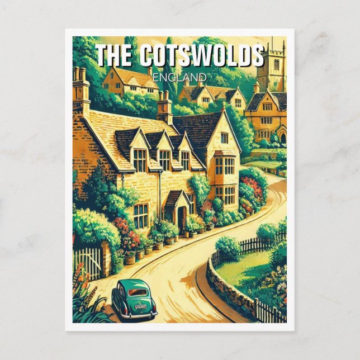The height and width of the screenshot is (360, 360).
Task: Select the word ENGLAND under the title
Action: [x=179, y=77]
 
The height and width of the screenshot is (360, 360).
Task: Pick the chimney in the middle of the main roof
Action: [x=164, y=106]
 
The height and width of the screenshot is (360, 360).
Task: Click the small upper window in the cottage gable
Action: [x=224, y=138]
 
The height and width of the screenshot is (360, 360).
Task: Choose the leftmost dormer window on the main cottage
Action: [x=139, y=160]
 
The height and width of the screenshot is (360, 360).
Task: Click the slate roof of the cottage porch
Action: [x=174, y=197]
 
